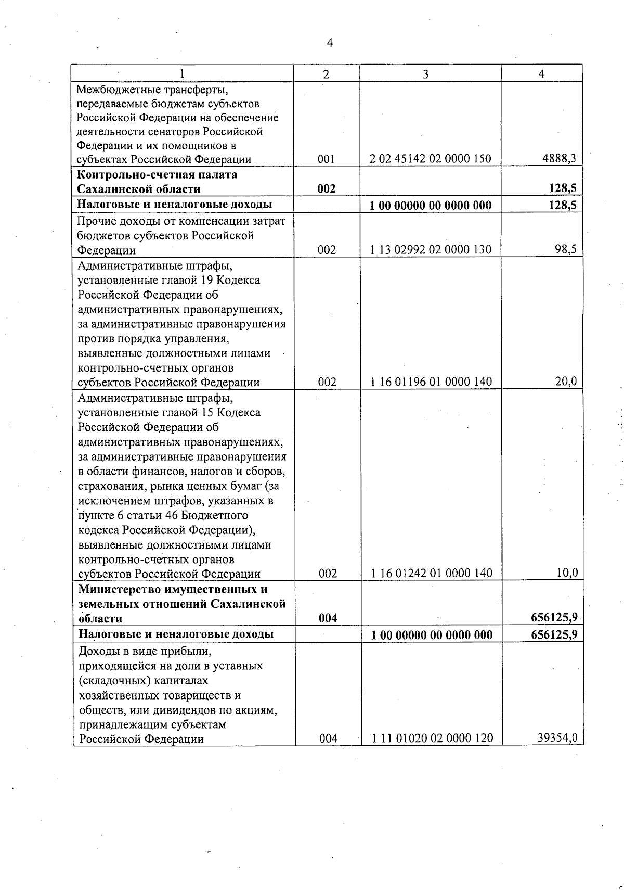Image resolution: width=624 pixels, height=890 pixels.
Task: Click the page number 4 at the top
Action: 329,43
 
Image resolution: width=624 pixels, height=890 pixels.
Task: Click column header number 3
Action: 425,74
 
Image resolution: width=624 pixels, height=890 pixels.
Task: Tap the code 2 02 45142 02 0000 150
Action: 431,159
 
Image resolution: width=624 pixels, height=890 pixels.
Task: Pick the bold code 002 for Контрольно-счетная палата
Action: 327,189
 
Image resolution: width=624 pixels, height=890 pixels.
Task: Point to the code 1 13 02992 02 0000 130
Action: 431,250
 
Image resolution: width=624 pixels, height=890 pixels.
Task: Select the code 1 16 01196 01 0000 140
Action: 431,382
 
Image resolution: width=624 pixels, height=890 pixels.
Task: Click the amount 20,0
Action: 566,382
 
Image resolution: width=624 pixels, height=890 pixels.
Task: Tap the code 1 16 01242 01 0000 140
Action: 431,573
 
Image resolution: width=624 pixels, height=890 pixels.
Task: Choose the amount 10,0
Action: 566,573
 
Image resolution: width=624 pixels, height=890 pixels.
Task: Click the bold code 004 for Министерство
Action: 328,618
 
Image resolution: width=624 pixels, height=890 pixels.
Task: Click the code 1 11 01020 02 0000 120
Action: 432,738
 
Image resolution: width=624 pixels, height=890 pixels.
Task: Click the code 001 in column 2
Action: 327,159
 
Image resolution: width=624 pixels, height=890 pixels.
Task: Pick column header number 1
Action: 181,74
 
